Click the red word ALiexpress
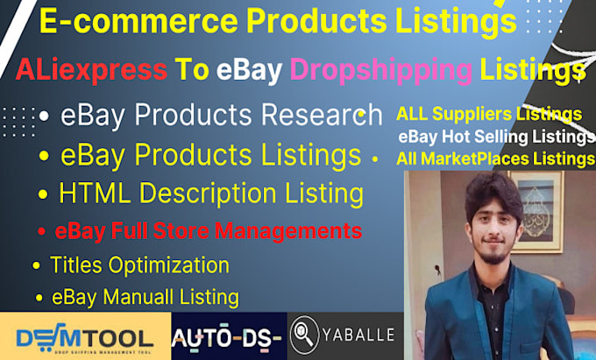tap(91, 70)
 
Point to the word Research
tap(322, 114)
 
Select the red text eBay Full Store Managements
tap(209, 231)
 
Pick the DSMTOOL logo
tap(85, 337)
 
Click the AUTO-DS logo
tap(226, 336)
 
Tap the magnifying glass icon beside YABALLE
tap(304, 335)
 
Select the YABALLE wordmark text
tap(358, 335)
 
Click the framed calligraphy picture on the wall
tap(537, 211)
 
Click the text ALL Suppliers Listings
tap(489, 114)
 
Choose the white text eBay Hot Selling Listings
tap(496, 138)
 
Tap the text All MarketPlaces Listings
tap(496, 159)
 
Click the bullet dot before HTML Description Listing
tap(43, 194)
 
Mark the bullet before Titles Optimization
tap(37, 265)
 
